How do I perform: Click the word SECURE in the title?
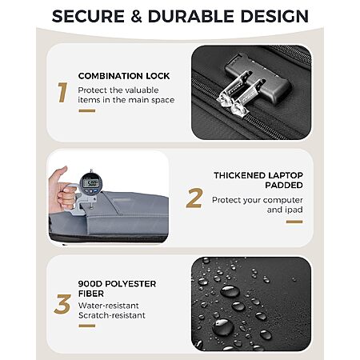(88, 16)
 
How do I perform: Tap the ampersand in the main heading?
(136, 16)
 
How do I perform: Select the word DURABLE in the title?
(191, 16)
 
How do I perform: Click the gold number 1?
(62, 92)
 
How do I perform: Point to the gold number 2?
(194, 198)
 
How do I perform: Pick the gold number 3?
(62, 304)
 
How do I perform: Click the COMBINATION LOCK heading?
(124, 76)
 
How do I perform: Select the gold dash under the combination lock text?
(87, 110)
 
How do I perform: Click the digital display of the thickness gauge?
(90, 183)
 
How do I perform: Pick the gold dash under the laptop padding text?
(294, 222)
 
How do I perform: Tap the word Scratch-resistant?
(112, 315)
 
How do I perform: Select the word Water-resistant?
(109, 306)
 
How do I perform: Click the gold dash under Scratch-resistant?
(87, 326)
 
